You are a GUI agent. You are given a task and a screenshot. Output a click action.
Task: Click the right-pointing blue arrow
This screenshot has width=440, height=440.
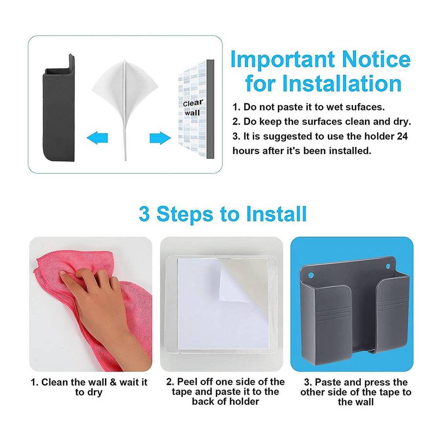pyautogui.click(x=159, y=138)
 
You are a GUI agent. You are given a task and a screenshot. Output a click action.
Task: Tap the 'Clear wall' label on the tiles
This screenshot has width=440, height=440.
pyautogui.click(x=193, y=108)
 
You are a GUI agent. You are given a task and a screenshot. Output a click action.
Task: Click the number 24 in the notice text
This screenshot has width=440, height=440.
pyautogui.click(x=402, y=137)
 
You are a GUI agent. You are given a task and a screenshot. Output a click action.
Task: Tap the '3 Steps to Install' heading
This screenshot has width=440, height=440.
pyautogui.click(x=222, y=214)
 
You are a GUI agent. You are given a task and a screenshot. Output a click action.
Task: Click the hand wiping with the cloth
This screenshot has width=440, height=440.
pyautogui.click(x=98, y=303)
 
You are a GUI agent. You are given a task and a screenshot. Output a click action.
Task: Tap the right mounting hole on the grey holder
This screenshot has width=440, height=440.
pyautogui.click(x=390, y=266)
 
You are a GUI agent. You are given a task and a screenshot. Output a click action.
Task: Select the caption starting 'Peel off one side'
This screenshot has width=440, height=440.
pyautogui.click(x=225, y=392)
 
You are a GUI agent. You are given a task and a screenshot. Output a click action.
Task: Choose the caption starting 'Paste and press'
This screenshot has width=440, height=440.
pyautogui.click(x=355, y=392)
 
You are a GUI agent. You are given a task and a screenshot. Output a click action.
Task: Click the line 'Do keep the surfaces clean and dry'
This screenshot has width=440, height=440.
pyautogui.click(x=322, y=122)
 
